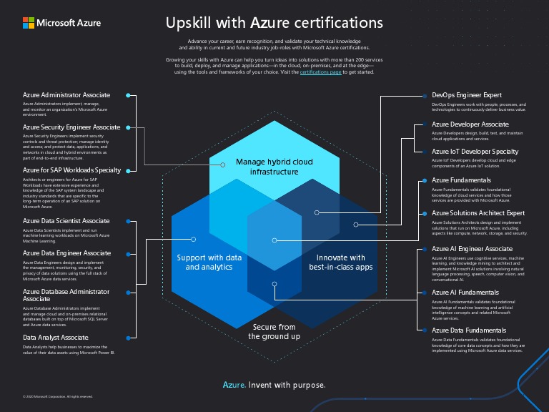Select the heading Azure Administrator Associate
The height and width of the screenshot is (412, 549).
(x=66, y=95)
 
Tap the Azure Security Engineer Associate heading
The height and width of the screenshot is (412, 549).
(x=71, y=127)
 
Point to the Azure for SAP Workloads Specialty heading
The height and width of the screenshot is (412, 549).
(x=71, y=170)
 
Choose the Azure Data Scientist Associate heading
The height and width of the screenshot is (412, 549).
(x=66, y=221)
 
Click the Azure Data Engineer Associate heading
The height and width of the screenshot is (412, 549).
(x=66, y=253)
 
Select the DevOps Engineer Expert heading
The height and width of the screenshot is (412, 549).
(x=467, y=95)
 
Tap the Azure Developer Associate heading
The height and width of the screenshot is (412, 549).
(x=470, y=124)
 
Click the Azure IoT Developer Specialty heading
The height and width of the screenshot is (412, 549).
(x=475, y=152)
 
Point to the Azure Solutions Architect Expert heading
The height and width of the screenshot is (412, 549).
(x=478, y=213)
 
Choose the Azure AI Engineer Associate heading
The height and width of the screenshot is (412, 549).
(x=472, y=249)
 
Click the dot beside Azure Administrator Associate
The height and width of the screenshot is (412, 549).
(x=128, y=95)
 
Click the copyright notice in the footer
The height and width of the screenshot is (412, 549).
(x=58, y=396)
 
